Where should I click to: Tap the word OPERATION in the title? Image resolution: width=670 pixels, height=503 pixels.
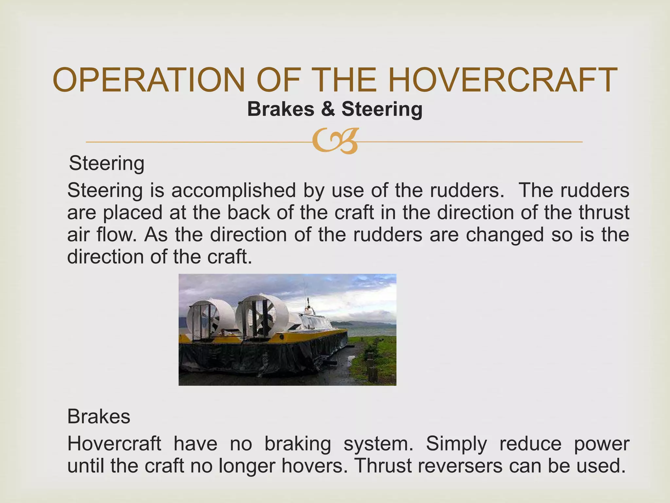pyautogui.click(x=149, y=80)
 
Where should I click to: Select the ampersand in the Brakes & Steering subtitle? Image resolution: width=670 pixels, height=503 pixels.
pyautogui.click(x=328, y=109)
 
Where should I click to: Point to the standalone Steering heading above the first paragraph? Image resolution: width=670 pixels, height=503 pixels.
pyautogui.click(x=107, y=163)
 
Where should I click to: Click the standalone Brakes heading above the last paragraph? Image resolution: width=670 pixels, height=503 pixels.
pyautogui.click(x=98, y=417)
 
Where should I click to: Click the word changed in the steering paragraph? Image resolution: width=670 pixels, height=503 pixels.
pyautogui.click(x=505, y=234)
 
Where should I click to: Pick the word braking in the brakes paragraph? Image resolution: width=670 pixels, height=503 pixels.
pyautogui.click(x=297, y=444)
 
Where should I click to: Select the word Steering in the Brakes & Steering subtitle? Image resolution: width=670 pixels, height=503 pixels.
pyautogui.click(x=382, y=109)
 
